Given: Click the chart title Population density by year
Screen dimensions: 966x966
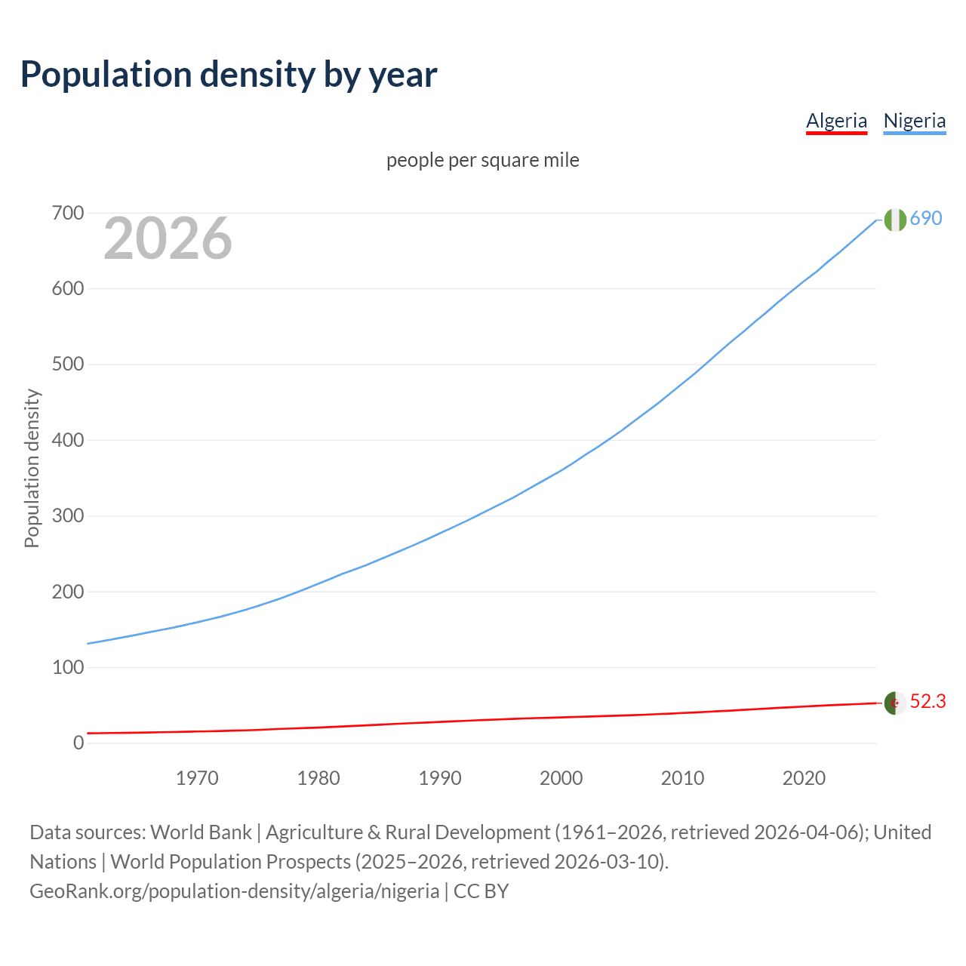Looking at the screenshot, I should [229, 75].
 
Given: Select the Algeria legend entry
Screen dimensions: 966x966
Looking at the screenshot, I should [836, 121].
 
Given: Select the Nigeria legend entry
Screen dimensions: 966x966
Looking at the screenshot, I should [914, 121].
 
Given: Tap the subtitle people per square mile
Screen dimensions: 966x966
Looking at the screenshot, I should [482, 160].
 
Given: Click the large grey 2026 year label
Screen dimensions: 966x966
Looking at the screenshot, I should [168, 238].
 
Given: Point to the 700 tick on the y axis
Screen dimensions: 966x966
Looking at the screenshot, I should [68, 214].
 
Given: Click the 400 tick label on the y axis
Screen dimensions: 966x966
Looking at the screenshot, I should [68, 440].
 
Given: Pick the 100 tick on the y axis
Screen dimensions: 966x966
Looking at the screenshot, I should [68, 667].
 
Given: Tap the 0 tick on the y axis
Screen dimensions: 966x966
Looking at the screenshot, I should [78, 743].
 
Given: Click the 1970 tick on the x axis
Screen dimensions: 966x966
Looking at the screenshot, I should [197, 778].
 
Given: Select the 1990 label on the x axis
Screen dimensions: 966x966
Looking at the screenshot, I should [440, 778].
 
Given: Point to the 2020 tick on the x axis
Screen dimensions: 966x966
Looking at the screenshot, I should [804, 778].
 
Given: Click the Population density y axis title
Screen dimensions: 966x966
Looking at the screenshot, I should [32, 468].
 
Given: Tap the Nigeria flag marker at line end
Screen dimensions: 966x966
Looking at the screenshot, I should [894, 220].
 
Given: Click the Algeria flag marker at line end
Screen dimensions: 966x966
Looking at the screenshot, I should [894, 703].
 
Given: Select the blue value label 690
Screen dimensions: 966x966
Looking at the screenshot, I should [926, 219].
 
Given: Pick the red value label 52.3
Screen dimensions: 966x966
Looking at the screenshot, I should [928, 702].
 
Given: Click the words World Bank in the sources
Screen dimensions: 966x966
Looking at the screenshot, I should [201, 832].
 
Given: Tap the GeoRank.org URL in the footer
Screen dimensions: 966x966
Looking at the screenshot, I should [234, 891].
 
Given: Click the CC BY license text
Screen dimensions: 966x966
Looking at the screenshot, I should [481, 891].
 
